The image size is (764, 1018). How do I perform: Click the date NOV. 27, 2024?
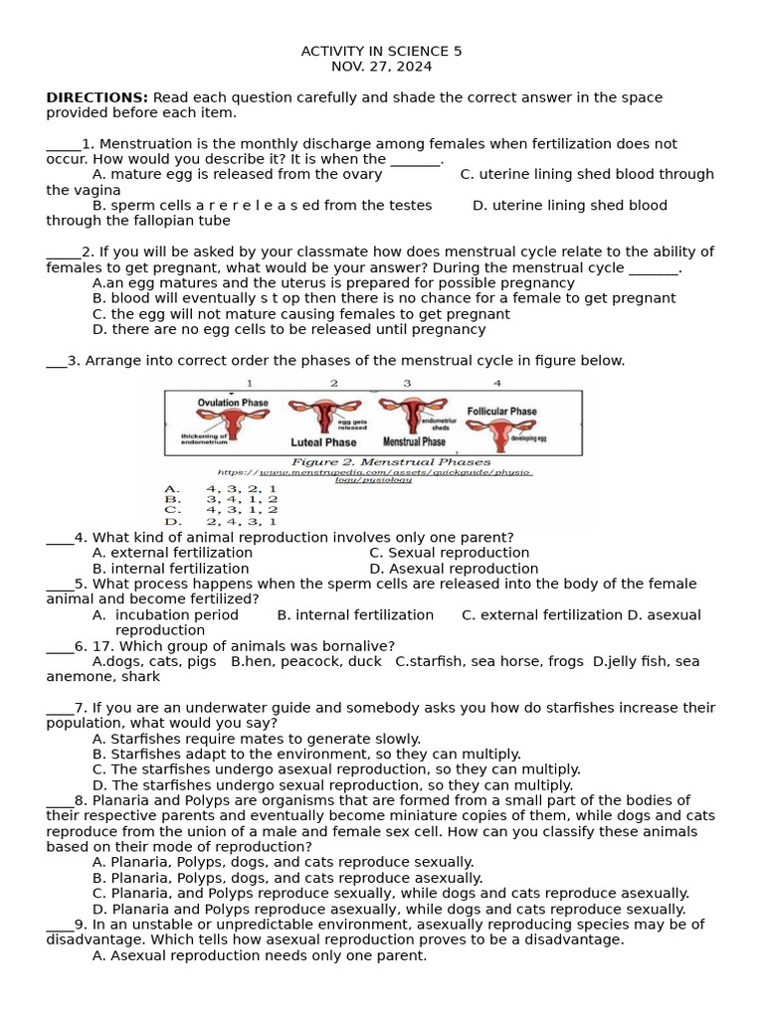click(381, 67)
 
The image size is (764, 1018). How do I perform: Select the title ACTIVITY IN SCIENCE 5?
click(381, 51)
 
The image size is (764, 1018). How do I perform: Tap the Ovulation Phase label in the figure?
click(233, 403)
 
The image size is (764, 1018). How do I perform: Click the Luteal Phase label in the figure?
click(323, 442)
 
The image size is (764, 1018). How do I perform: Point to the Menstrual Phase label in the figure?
click(414, 441)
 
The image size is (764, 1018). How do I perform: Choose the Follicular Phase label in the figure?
click(501, 411)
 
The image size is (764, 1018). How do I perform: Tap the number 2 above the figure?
click(334, 383)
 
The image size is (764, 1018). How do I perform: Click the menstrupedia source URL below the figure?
click(374, 475)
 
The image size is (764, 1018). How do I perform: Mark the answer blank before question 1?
click(63, 144)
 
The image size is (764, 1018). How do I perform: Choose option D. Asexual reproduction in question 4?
click(453, 569)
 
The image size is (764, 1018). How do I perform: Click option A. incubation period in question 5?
click(165, 615)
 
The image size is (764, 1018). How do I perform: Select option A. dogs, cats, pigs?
click(153, 661)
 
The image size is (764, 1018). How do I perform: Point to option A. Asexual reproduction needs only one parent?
click(259, 955)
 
